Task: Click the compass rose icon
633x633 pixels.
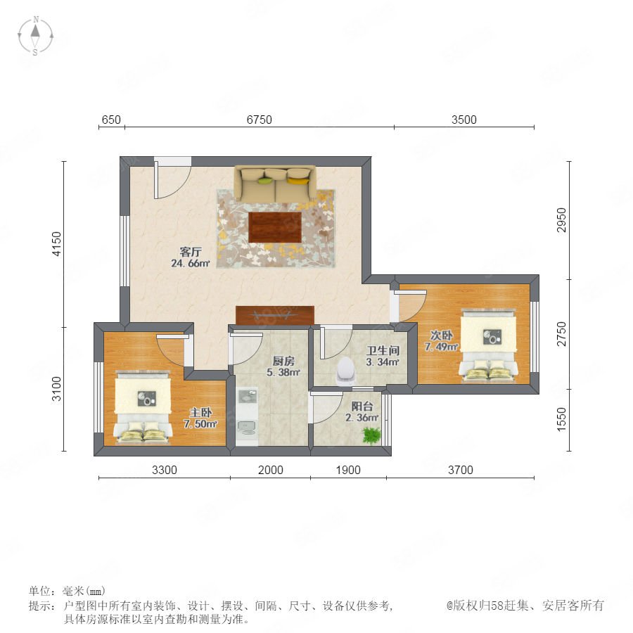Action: tap(36, 36)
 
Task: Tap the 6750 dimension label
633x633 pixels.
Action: tap(259, 120)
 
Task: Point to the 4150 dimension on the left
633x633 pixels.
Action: tap(57, 243)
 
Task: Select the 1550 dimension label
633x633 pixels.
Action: tap(561, 419)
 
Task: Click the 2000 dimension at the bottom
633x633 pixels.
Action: tap(271, 470)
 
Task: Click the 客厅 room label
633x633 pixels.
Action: tap(191, 252)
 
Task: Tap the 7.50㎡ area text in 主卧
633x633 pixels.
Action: tap(200, 424)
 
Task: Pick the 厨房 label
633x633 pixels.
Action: tap(283, 361)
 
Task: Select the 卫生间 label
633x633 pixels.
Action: tap(383, 350)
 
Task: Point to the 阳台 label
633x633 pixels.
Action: tap(362, 406)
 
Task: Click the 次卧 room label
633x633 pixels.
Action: tap(441, 335)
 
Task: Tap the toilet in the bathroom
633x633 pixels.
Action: tap(346, 370)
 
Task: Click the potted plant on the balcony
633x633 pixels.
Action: tap(371, 435)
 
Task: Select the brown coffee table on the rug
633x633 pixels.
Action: tap(275, 227)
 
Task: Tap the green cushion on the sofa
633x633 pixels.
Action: tap(265, 180)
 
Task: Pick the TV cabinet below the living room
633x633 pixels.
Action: tap(275, 315)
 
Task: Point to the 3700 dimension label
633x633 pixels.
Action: tap(460, 470)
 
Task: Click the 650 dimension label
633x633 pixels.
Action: tap(111, 120)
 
